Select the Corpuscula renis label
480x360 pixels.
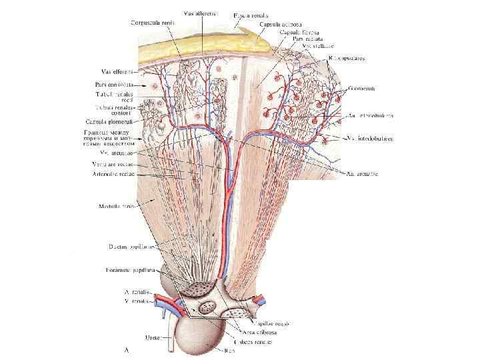point(153,23)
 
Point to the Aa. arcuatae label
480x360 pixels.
point(365,175)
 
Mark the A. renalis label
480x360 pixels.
point(137,292)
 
